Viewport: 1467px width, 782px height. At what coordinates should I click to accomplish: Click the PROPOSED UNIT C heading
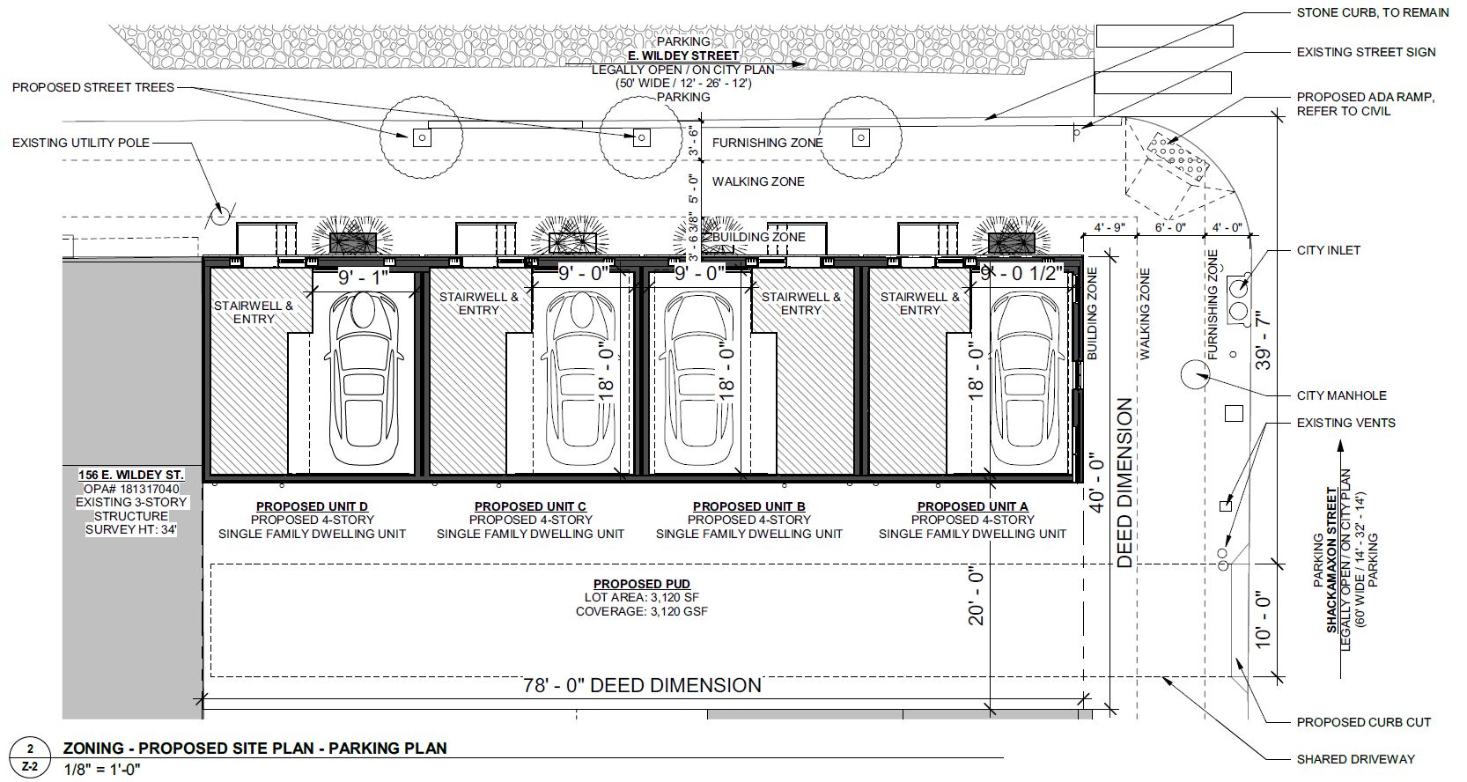[x=530, y=506]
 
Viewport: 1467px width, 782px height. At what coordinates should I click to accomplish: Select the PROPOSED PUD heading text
[x=641, y=584]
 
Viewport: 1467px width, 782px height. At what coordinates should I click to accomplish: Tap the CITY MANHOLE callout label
[x=1341, y=395]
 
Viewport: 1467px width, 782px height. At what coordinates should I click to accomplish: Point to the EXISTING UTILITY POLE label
[x=81, y=143]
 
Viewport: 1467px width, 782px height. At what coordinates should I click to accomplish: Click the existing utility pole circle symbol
[x=219, y=214]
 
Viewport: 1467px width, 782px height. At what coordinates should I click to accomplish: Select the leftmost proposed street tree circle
[x=422, y=137]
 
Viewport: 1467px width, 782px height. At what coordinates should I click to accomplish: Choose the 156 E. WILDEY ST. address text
[x=131, y=476]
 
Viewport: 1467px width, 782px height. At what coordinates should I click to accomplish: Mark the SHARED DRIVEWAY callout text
[x=1355, y=758]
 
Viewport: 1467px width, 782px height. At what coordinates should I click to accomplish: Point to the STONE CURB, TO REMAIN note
[x=1372, y=12]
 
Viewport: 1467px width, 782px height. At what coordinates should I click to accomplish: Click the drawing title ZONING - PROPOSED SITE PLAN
[x=254, y=749]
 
